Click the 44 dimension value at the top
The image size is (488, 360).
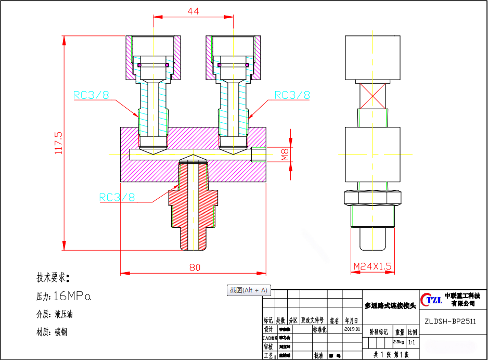[193, 11]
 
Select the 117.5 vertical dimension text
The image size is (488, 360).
[58, 142]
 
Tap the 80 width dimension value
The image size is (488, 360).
[195, 267]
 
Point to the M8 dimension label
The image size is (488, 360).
[285, 155]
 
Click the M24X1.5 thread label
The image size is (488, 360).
[372, 266]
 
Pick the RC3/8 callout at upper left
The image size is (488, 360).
[91, 95]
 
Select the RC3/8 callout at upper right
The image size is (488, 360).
[292, 95]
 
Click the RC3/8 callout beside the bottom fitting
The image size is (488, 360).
[117, 197]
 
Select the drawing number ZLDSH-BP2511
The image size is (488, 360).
[449, 321]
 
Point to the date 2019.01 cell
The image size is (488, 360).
[352, 329]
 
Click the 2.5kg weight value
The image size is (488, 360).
[399, 342]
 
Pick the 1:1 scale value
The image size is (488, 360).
[412, 342]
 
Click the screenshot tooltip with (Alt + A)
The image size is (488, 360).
[249, 290]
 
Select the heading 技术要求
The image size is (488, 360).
[53, 277]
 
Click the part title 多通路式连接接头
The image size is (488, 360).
[390, 305]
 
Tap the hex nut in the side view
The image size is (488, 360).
[373, 198]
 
